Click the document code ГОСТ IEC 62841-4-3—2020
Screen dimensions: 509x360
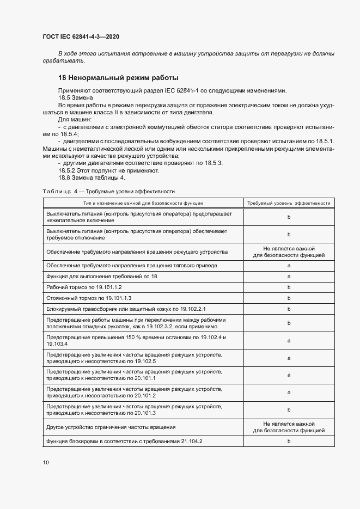81,37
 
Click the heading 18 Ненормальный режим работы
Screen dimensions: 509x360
118,78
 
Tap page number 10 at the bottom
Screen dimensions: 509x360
46,462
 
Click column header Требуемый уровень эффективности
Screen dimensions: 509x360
289,203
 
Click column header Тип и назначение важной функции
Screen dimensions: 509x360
143,203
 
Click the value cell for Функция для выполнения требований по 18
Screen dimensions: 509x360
289,276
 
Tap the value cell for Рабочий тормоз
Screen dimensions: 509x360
289,287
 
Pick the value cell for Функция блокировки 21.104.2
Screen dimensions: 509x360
289,441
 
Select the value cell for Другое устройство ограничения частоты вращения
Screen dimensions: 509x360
289,427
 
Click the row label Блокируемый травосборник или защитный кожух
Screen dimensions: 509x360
126,309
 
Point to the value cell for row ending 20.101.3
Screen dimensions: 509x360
289,409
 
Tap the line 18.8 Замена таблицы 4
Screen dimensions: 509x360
91,177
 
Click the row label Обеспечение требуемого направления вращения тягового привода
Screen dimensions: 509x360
132,265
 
